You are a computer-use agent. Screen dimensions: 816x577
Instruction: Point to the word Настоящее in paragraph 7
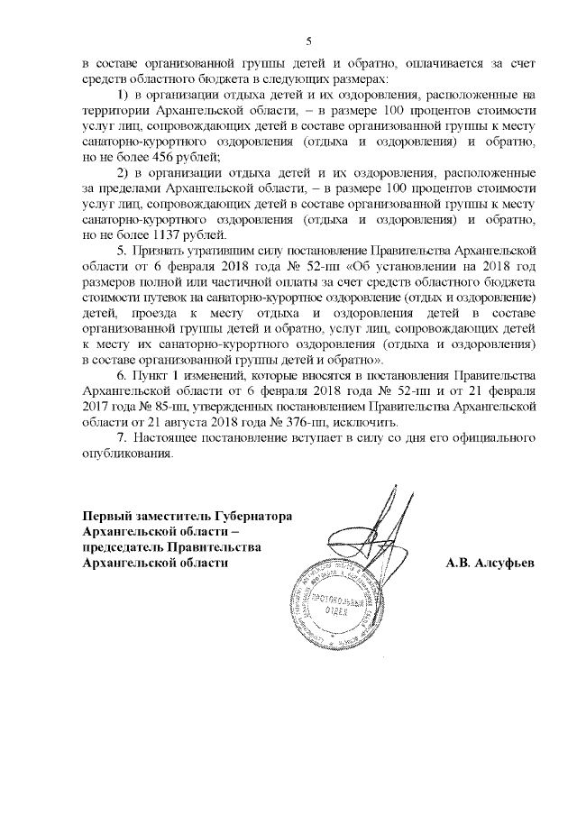click(171, 438)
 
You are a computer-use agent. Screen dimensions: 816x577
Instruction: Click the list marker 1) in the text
click(125, 95)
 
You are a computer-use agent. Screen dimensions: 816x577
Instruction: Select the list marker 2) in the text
click(125, 173)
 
